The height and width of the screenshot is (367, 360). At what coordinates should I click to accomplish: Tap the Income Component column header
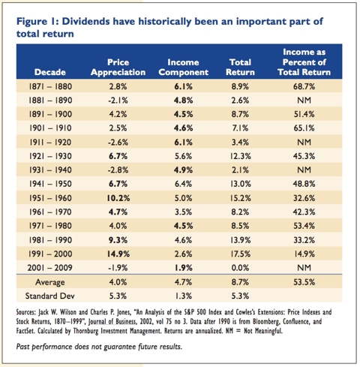tap(181, 68)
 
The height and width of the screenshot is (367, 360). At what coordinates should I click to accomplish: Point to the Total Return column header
tap(240, 68)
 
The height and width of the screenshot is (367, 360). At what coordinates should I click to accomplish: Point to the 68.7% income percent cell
tap(304, 87)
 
